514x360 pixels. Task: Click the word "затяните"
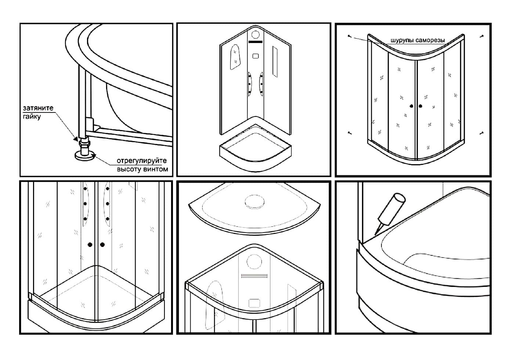[x=38, y=108]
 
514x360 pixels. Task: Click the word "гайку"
[x=32, y=117]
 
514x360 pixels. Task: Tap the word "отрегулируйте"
[x=142, y=161]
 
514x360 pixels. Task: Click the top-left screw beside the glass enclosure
[x=350, y=36]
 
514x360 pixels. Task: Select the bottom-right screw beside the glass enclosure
[x=481, y=133]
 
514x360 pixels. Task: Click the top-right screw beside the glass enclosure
[x=482, y=36]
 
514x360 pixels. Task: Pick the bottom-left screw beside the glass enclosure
[x=350, y=133]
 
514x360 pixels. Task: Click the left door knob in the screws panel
[x=412, y=106]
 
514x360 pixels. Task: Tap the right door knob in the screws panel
[x=420, y=106]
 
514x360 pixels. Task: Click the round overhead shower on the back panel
[x=256, y=35]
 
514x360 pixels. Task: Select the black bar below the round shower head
[x=256, y=42]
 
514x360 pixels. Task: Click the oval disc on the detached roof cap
[x=254, y=202]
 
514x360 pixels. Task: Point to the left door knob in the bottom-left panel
[x=90, y=245]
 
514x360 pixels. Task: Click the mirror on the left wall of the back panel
[x=235, y=57]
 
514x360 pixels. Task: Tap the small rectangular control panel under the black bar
[x=256, y=56]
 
